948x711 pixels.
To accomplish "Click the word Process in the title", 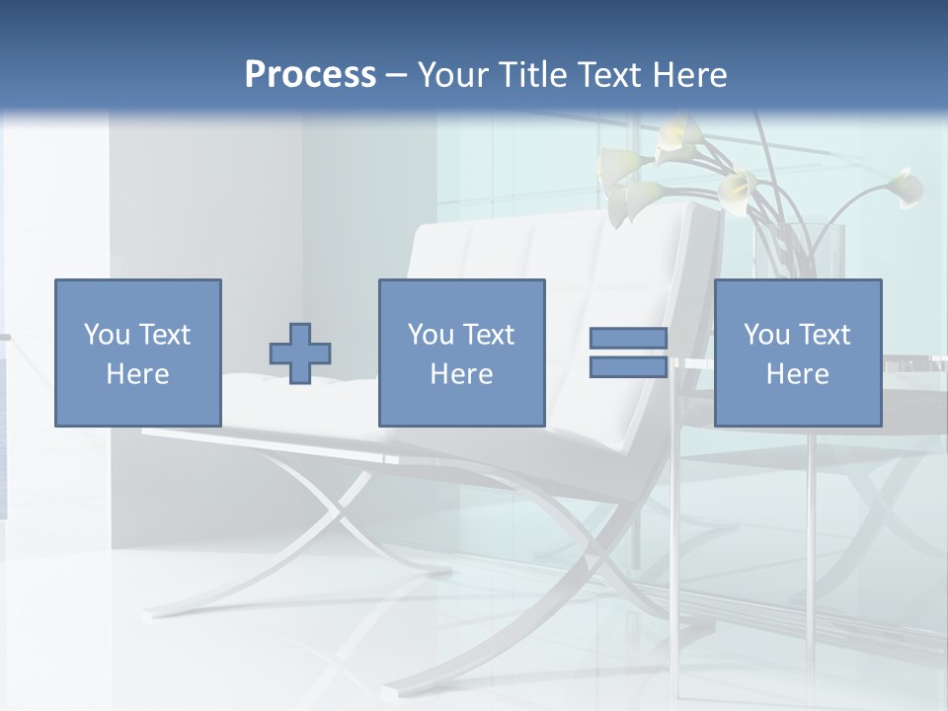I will tap(310, 75).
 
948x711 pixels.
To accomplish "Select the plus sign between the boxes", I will tap(300, 354).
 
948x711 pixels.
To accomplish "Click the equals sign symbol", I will tap(628, 353).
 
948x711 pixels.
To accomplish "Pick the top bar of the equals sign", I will tap(628, 339).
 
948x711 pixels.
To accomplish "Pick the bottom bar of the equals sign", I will tap(628, 366).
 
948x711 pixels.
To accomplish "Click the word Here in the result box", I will tap(798, 374).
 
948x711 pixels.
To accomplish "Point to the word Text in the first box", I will tap(164, 335).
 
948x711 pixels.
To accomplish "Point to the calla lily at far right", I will tap(904, 187).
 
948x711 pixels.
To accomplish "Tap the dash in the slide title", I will tap(397, 75).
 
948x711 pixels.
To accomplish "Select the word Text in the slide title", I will tap(606, 75).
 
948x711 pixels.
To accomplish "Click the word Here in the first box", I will tap(138, 374).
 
